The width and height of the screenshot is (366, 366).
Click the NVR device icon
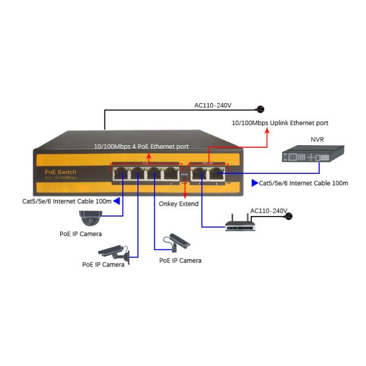[x=307, y=156]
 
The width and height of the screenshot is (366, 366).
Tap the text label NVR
[x=317, y=140]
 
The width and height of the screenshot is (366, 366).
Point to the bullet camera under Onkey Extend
[x=177, y=242]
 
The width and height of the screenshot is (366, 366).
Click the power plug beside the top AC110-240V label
[x=260, y=109]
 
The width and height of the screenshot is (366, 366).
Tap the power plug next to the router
[x=289, y=215]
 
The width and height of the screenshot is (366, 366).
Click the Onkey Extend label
[x=178, y=204]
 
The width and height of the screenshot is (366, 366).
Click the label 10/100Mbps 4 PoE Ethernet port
[x=141, y=147]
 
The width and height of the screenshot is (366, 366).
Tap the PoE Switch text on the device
[x=61, y=173]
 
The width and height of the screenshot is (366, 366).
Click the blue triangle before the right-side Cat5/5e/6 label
[x=254, y=182]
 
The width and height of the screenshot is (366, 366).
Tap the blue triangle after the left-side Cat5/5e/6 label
[x=116, y=200]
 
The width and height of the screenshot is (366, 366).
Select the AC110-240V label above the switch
[x=213, y=106]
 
